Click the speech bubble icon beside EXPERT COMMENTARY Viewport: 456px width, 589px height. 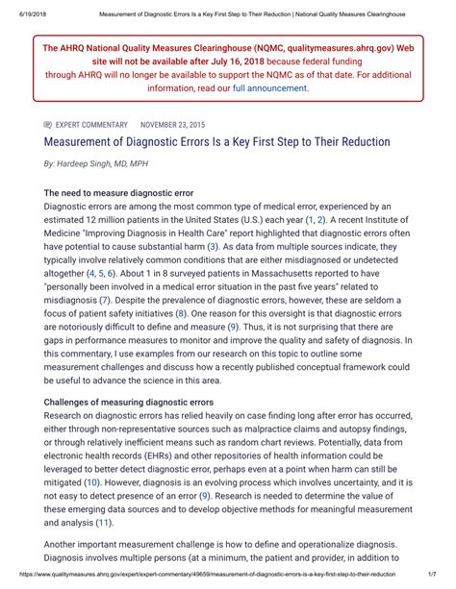pos(48,125)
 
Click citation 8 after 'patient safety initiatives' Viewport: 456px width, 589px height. pos(181,313)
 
